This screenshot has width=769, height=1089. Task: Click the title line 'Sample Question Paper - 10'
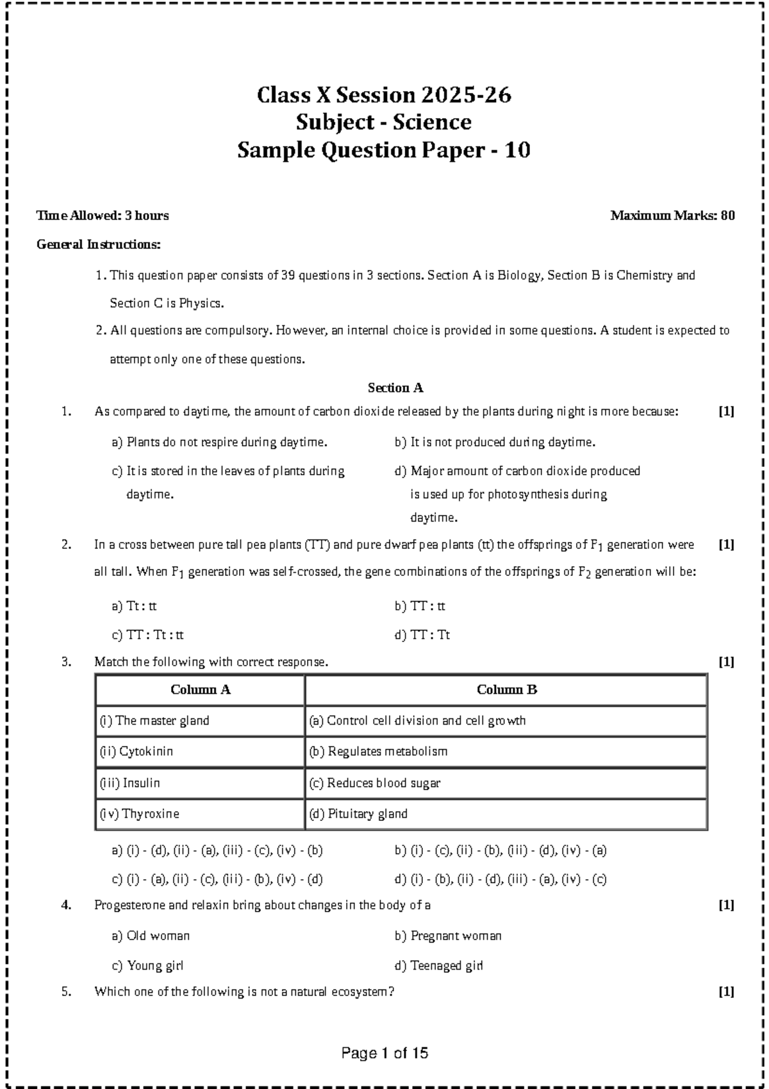(383, 151)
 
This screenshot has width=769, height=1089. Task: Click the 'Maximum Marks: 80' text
(672, 216)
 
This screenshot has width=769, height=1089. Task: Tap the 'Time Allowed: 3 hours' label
(103, 216)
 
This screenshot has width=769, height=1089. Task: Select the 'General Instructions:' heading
(99, 244)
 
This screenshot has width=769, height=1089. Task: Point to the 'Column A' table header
(200, 690)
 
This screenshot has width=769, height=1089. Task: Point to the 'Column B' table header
(506, 690)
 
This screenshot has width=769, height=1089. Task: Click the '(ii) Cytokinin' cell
(136, 752)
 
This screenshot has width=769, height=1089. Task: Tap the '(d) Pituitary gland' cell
(358, 814)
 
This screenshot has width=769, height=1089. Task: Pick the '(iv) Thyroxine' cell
(139, 814)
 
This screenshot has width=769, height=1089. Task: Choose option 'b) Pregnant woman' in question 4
(448, 936)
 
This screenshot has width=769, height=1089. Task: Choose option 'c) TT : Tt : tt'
(148, 636)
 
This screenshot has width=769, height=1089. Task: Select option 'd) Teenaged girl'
(438, 966)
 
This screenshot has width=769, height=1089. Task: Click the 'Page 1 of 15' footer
(384, 1053)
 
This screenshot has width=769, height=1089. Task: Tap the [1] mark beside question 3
(726, 662)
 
